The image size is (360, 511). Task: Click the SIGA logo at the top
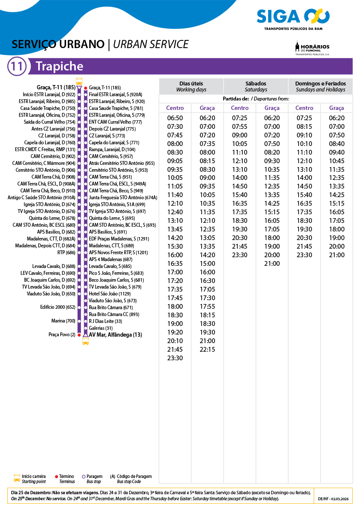[293, 17]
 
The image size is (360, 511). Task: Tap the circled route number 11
[17, 67]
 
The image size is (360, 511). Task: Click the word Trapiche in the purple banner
[59, 67]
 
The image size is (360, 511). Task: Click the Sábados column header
[256, 86]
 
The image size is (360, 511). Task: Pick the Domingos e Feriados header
[320, 86]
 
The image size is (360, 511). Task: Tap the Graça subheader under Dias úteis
[207, 108]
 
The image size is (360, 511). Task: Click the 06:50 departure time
[175, 118]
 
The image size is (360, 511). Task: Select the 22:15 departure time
[207, 350]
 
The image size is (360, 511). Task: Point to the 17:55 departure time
[207, 307]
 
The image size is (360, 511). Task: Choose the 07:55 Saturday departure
[239, 127]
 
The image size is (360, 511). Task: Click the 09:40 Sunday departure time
[336, 152]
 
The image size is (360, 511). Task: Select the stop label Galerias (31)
[98, 328]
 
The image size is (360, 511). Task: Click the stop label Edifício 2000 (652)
[58, 307]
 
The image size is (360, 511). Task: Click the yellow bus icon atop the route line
[79, 81]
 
